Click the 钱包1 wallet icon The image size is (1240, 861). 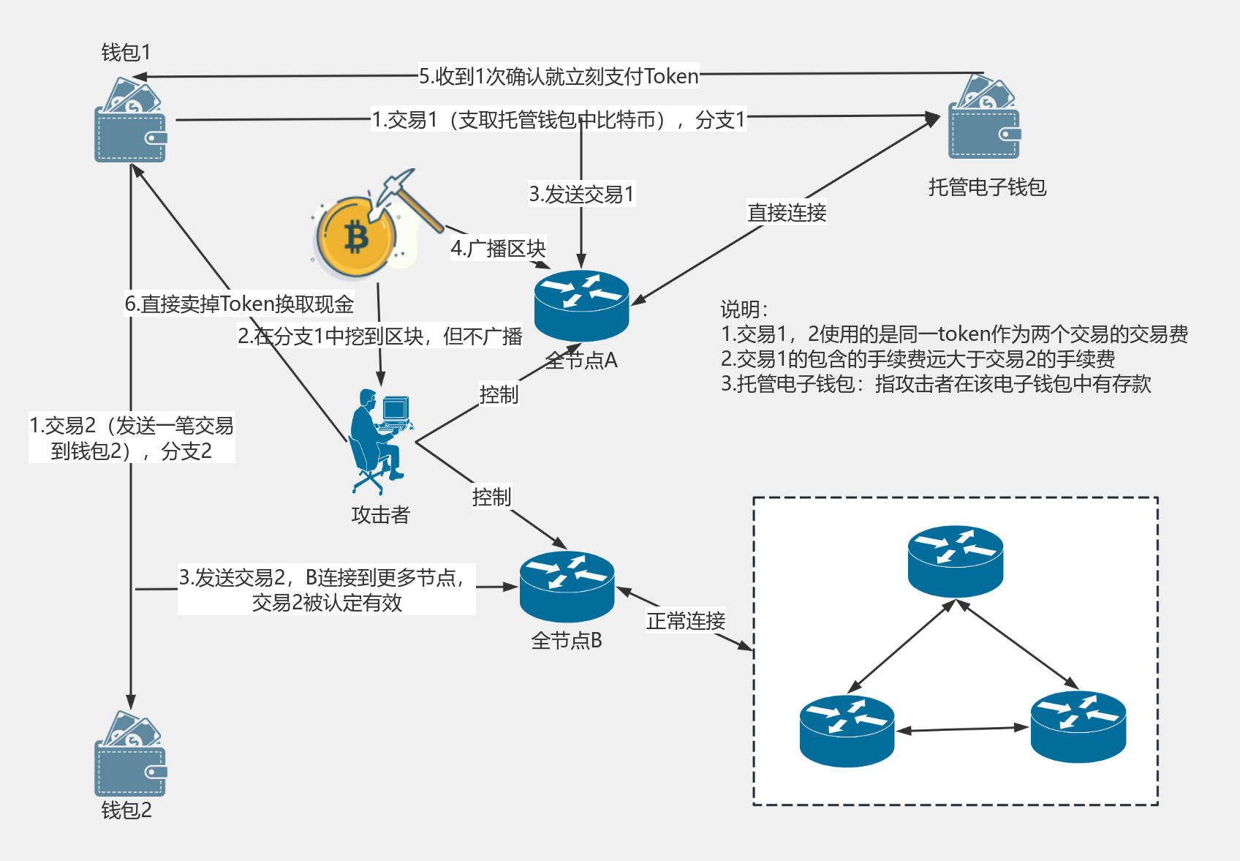point(130,121)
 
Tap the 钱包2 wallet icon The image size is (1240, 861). point(130,755)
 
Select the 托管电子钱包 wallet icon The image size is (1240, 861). point(984,117)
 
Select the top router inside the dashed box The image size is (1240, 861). point(955,560)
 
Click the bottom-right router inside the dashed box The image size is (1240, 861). point(1078,726)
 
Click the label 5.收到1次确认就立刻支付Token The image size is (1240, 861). point(559,76)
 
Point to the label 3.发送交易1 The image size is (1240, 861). point(581,194)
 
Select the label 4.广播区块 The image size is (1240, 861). point(498,249)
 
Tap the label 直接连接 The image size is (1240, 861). point(787,212)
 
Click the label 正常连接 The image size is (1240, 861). point(686,620)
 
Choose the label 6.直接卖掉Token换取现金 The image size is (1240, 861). point(239,304)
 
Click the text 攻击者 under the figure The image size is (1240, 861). point(380,514)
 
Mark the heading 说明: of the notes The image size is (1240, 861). point(744,309)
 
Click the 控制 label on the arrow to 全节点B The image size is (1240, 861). point(491,497)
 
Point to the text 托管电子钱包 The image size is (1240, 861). point(987,187)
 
